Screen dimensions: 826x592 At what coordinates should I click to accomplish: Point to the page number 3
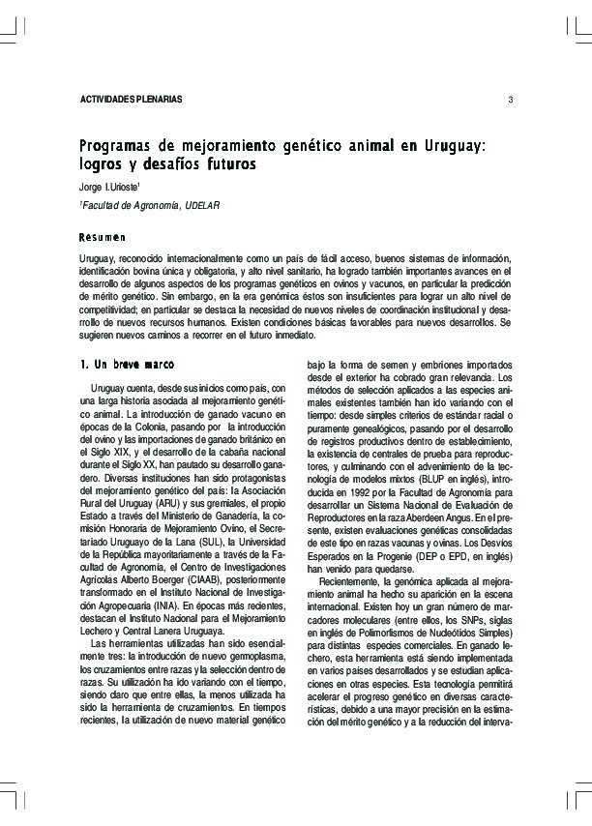click(x=510, y=101)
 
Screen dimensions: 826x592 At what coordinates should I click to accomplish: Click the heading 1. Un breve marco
click(x=126, y=365)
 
